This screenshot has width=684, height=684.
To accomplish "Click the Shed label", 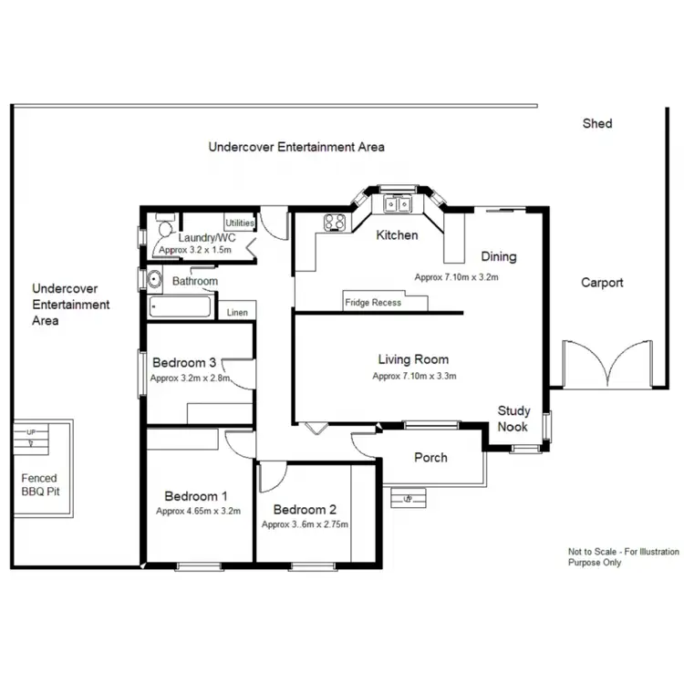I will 597,123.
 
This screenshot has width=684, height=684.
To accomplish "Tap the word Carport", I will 602,283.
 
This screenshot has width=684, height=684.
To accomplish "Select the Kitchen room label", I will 398,235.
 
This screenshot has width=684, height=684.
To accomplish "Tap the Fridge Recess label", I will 372,303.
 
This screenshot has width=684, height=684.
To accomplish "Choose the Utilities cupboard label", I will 240,223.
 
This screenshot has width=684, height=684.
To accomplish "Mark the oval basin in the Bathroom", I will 155,279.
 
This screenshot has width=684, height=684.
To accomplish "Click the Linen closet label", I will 237,313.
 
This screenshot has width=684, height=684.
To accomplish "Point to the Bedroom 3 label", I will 184,363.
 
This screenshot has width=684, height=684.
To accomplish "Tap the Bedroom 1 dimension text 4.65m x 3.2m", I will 198,512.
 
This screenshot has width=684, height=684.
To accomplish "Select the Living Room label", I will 414,360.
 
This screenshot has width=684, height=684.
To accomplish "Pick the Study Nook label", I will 513,419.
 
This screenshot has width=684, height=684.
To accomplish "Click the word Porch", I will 430,457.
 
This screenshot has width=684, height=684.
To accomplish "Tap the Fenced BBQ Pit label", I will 39,484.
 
